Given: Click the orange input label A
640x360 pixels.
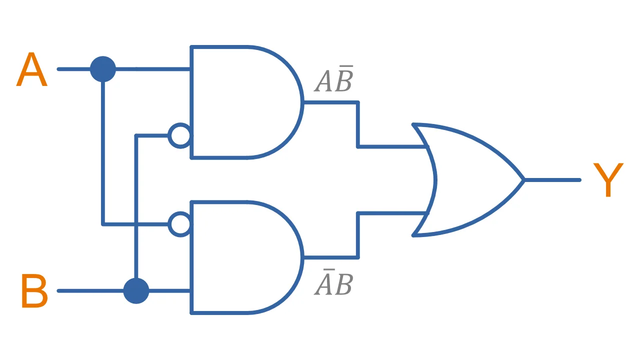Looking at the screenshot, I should pyautogui.click(x=31, y=70).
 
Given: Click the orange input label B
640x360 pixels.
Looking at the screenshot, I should pyautogui.click(x=34, y=291).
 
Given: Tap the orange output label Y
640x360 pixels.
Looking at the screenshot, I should pyautogui.click(x=608, y=180).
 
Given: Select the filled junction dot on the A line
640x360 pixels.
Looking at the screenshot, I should pyautogui.click(x=103, y=69).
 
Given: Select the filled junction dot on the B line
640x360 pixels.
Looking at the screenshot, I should pyautogui.click(x=136, y=290).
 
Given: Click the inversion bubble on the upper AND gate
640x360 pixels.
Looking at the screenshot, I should pyautogui.click(x=179, y=135).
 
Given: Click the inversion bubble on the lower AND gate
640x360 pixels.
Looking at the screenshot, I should pyautogui.click(x=179, y=224).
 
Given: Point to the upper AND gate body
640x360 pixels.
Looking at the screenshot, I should pyautogui.click(x=240, y=102).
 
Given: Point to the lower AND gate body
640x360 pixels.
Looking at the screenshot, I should pyautogui.click(x=240, y=257).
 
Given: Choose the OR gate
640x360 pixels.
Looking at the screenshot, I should pyautogui.click(x=470, y=180).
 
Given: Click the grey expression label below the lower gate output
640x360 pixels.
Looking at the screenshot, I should pyautogui.click(x=333, y=283).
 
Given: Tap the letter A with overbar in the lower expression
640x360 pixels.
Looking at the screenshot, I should pyautogui.click(x=324, y=283).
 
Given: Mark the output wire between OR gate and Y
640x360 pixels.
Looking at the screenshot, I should pyautogui.click(x=552, y=180).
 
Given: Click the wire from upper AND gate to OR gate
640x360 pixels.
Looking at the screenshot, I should pyautogui.click(x=358, y=125).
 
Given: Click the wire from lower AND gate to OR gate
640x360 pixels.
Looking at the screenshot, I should pyautogui.click(x=358, y=235).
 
